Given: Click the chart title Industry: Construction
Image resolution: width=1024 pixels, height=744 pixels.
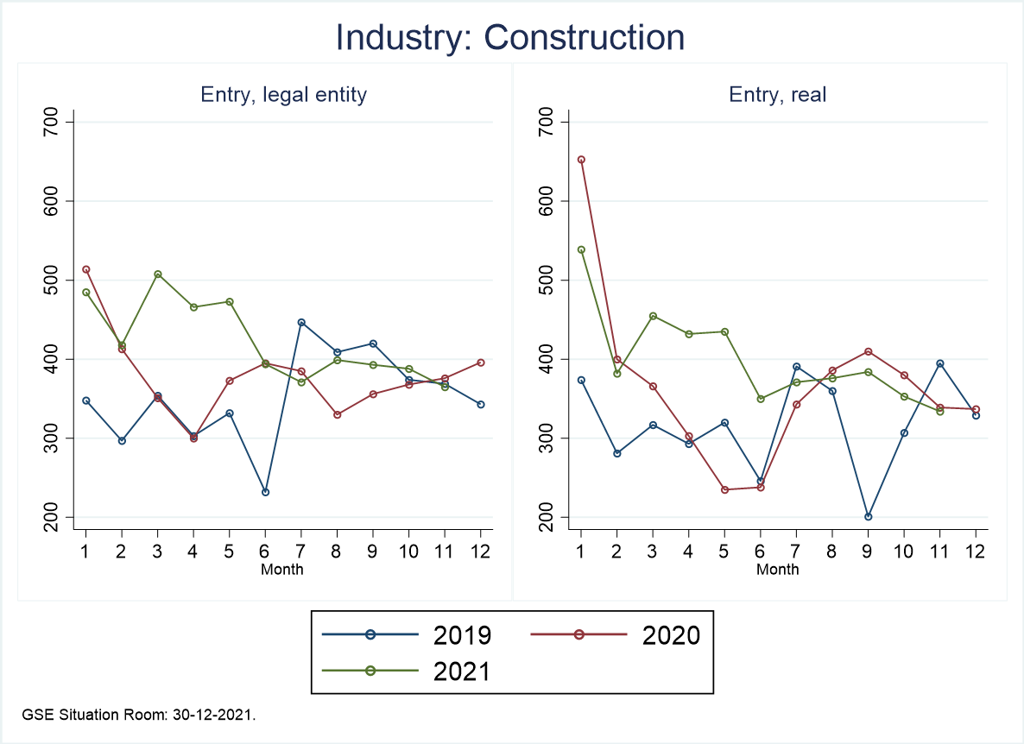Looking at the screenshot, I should click(x=510, y=38).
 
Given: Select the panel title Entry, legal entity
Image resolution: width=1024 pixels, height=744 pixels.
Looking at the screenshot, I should click(x=283, y=95).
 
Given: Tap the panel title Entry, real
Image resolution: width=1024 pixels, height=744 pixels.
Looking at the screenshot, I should click(x=777, y=95).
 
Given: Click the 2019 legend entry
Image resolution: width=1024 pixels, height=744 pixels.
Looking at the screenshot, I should click(x=406, y=635).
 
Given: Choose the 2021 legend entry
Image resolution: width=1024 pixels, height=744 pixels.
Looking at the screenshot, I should click(x=406, y=671).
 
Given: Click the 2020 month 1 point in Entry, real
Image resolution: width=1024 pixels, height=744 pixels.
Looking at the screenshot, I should click(x=580, y=159).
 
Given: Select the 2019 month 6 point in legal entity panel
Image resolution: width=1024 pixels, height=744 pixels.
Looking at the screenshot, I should click(x=265, y=492).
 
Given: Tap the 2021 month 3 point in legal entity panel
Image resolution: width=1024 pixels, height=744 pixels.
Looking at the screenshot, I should click(x=157, y=274).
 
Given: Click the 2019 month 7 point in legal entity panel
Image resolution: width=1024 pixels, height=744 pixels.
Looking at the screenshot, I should click(x=301, y=322).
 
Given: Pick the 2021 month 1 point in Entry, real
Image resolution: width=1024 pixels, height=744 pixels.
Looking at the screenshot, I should click(x=580, y=250).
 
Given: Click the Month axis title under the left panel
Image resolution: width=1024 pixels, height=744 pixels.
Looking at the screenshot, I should click(x=282, y=570).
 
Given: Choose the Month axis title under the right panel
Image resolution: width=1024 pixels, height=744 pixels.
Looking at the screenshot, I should click(x=777, y=570).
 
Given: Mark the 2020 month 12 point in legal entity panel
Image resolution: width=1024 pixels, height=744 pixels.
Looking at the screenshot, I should click(x=481, y=363).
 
